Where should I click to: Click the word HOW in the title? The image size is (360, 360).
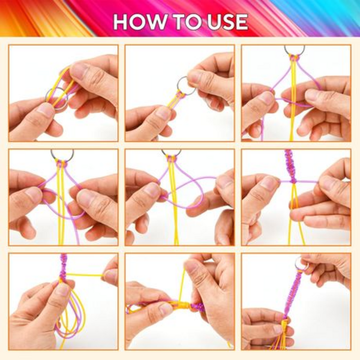140,22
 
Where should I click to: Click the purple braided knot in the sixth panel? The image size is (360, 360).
290,166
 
